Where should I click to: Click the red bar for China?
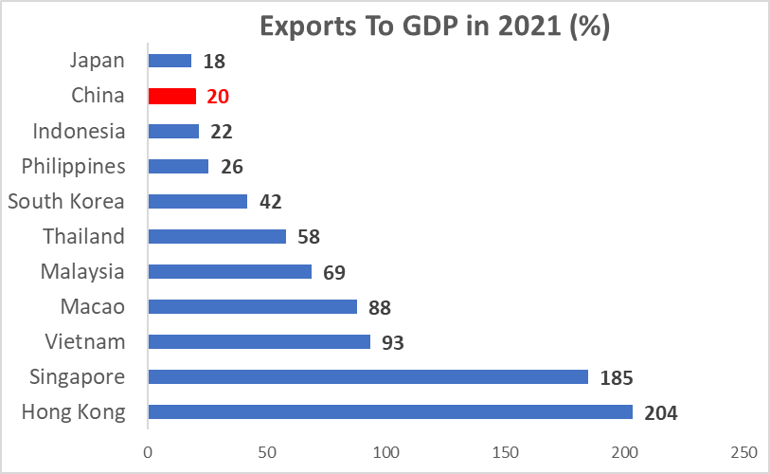coord(172,96)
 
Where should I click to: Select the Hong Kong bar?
coord(390,411)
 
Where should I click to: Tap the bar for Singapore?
coord(368,376)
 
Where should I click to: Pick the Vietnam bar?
coord(260,341)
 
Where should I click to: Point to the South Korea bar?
coord(198,201)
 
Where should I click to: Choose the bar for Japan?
coord(170,61)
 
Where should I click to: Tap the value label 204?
coord(661,412)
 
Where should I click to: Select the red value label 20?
coord(218,97)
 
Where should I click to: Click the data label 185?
coord(617,377)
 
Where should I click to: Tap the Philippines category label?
coord(74,166)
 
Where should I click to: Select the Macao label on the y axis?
coord(92,306)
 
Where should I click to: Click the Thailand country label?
coord(83,236)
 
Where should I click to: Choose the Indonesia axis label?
coord(79,131)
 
